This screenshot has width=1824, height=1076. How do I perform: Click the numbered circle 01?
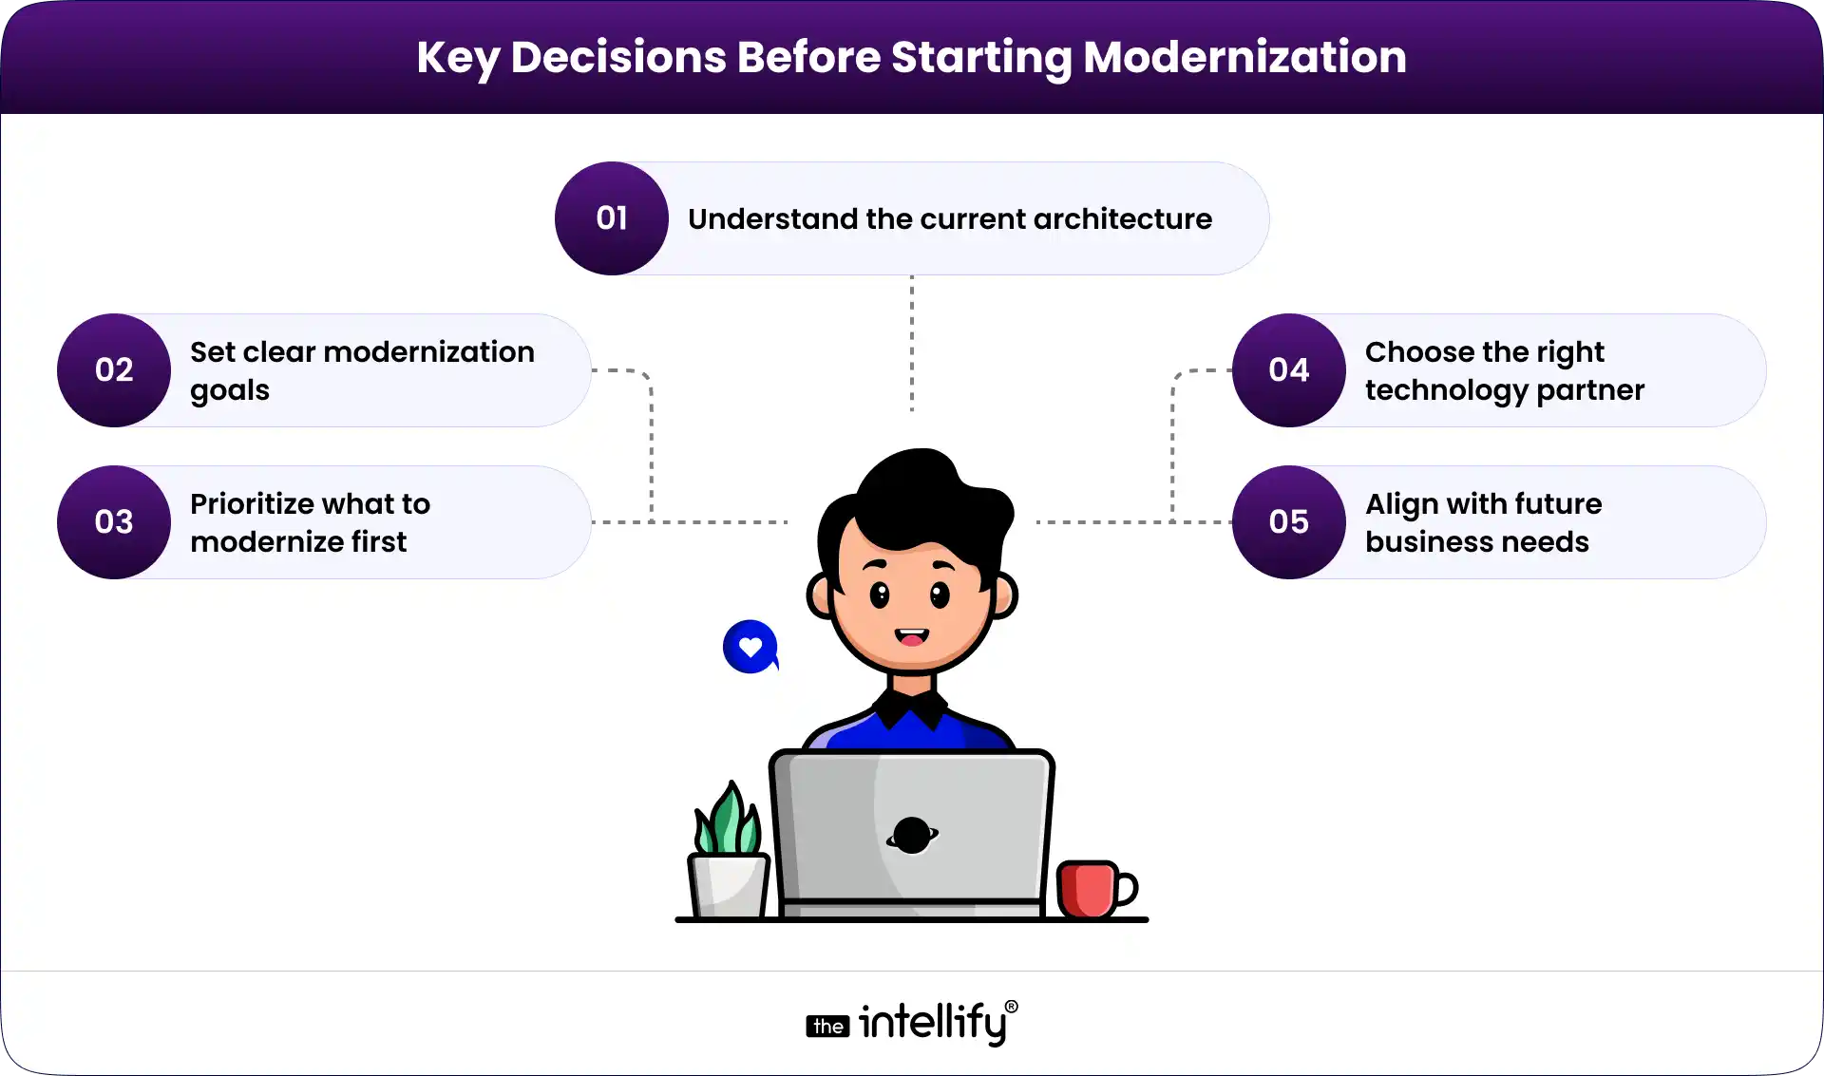click(611, 218)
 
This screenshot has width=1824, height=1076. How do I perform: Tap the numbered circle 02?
click(114, 370)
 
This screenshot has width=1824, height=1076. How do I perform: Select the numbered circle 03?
click(114, 522)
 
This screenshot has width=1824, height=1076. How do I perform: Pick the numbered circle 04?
click(1288, 370)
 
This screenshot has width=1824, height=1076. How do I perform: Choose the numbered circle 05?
click(1288, 522)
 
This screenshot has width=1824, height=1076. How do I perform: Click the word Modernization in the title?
click(1244, 57)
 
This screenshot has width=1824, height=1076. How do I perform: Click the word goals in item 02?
click(230, 390)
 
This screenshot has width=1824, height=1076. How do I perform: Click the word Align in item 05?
click(1401, 504)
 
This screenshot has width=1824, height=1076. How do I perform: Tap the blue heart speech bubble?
click(750, 647)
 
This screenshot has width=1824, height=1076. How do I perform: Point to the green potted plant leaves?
click(728, 821)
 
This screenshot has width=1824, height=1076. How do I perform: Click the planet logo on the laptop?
click(912, 835)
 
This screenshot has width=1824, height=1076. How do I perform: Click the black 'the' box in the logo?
click(827, 1027)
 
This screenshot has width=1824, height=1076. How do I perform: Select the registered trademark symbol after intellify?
click(1011, 1007)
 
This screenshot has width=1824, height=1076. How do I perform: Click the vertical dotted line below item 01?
click(912, 342)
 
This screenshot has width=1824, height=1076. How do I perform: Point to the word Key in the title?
click(457, 58)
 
